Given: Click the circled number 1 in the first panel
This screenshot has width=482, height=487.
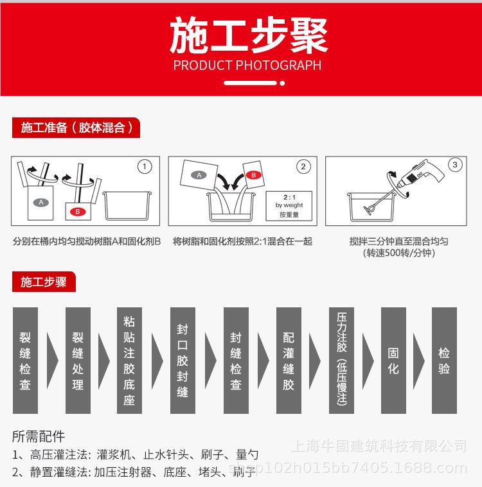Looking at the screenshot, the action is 145,167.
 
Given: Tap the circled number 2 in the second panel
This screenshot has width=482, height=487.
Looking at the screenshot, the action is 303,167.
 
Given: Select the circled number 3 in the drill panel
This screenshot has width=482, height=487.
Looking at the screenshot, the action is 455,165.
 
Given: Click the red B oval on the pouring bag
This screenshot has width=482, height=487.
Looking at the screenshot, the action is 253,175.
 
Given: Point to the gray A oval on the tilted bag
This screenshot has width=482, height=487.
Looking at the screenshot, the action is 199,175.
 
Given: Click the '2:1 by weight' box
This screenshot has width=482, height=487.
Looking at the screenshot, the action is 289,206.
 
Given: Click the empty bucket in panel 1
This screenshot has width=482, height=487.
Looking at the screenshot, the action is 127,205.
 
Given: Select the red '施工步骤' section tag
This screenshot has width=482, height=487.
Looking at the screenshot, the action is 44,282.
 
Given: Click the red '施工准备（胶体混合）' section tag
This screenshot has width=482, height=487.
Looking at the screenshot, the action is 76,128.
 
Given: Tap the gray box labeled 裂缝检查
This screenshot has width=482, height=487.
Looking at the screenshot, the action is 25,361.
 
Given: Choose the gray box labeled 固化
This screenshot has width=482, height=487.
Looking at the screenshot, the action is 393,361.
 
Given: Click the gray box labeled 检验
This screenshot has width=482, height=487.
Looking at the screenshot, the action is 444,361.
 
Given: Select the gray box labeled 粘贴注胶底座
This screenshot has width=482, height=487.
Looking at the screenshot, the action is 129,361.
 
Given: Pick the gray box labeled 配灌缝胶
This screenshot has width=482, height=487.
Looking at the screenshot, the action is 289,361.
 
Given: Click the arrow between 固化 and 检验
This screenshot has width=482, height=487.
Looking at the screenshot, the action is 418,361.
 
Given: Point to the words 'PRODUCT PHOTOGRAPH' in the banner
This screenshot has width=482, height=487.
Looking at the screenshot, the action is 247,65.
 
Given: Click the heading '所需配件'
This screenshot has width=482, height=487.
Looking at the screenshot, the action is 39,436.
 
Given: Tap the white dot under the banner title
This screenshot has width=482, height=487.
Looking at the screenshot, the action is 282,83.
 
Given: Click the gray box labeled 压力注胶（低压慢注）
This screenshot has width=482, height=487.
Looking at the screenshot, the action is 341,361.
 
